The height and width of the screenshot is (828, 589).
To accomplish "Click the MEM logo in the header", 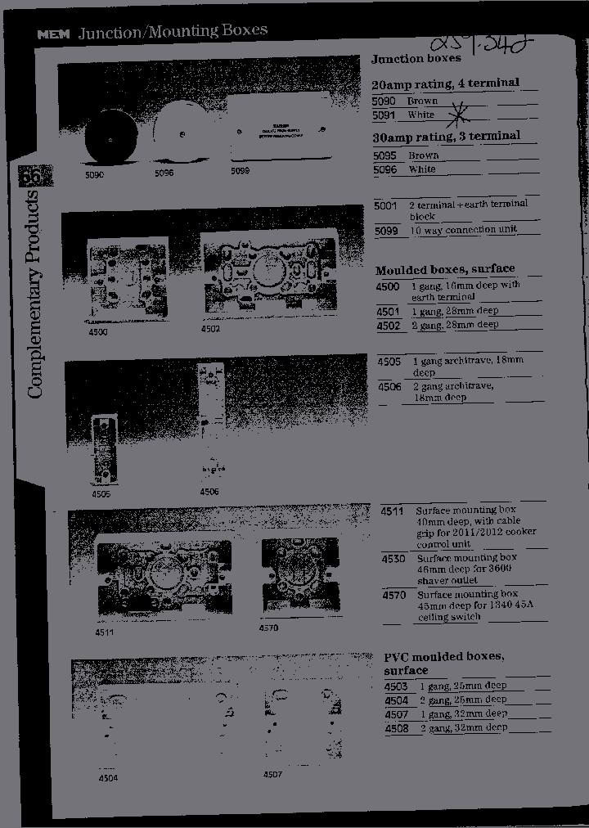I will tap(54, 34).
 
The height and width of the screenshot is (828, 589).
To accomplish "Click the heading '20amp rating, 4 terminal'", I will tap(445, 83).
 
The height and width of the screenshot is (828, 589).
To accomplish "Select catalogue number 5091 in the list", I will tap(384, 115).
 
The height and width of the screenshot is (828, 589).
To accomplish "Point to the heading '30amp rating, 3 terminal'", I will tap(445, 136).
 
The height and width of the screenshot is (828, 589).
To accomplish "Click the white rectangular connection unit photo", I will tap(279, 128).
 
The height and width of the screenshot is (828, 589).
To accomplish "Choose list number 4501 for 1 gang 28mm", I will tap(388, 312).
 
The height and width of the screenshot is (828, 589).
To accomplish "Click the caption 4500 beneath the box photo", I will tap(97, 333).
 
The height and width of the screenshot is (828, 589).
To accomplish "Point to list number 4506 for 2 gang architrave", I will tap(389, 386).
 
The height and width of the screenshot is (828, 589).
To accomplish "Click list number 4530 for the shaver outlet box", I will tap(393, 559).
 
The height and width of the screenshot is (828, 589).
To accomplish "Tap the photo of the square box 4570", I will tap(299, 575).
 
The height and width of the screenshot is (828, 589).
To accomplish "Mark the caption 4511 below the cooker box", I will tap(105, 632).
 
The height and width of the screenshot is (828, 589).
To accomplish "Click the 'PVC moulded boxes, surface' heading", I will tap(443, 664).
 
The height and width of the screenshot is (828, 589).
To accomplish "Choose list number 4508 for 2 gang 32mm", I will tap(396, 727).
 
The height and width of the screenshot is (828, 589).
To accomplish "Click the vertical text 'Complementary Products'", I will tap(35, 295).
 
